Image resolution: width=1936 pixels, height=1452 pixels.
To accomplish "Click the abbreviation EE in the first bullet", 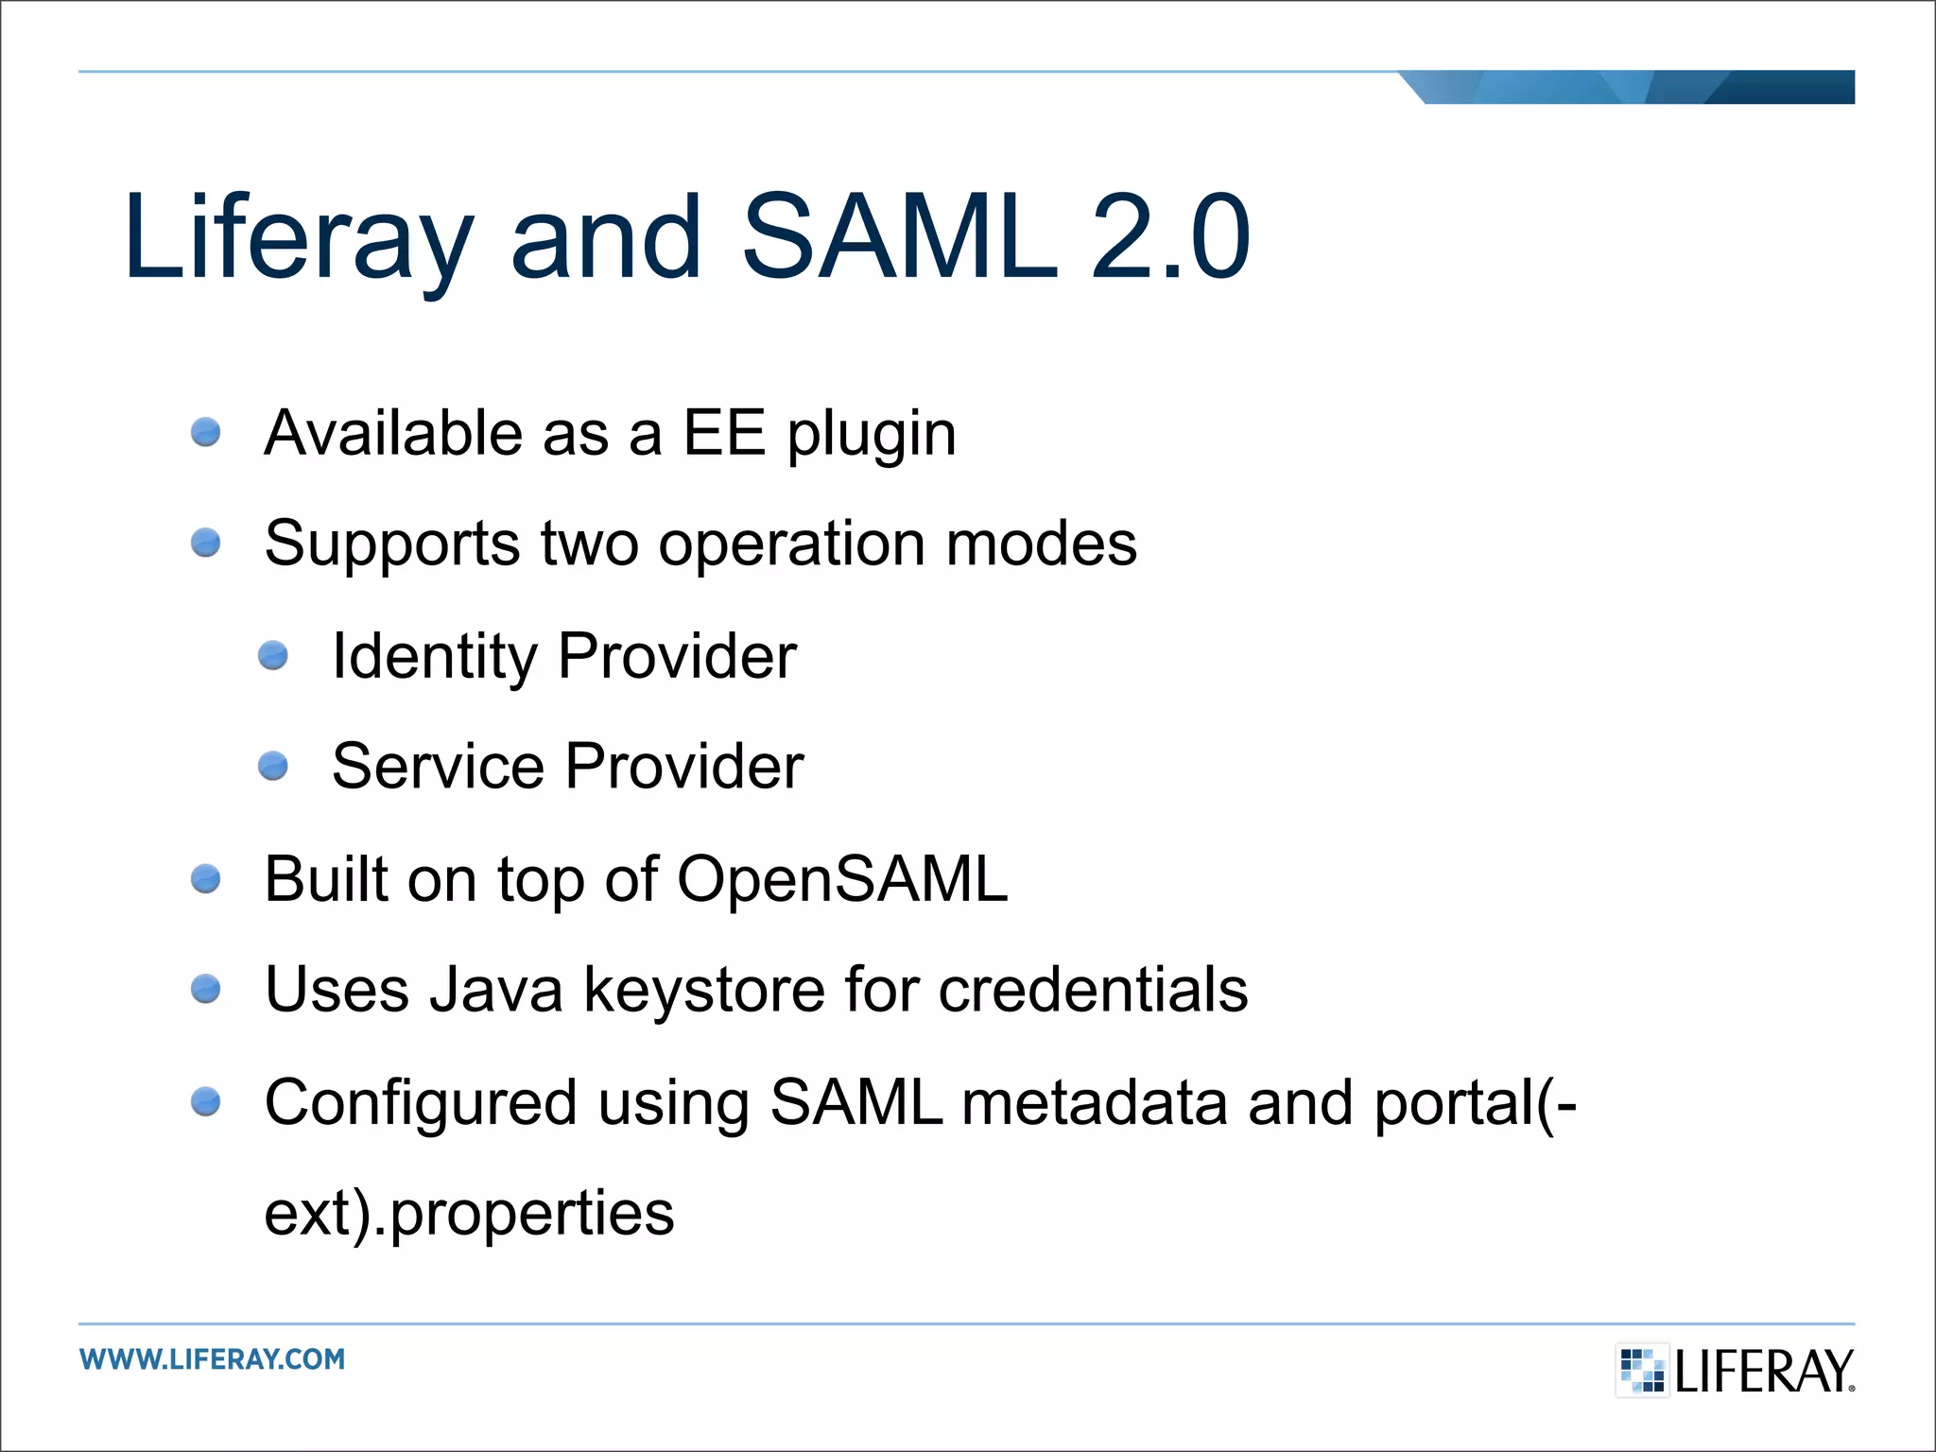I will (x=723, y=434).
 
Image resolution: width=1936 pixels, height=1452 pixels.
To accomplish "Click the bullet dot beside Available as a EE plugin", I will (x=205, y=433).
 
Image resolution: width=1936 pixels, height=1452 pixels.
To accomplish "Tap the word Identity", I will (x=434, y=657).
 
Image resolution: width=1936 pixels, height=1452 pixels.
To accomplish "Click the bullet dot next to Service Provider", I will (x=273, y=766).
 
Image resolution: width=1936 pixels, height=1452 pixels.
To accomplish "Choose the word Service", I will (x=438, y=766).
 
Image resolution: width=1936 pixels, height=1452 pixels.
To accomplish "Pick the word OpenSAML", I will (x=842, y=880).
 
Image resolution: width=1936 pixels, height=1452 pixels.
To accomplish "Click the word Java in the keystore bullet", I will (x=495, y=990).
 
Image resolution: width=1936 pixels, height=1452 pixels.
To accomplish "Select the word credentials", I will (x=1093, y=990).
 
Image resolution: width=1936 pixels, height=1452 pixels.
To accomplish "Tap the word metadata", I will (x=1094, y=1102).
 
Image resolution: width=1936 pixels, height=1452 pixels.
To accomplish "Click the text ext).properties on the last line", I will (x=469, y=1214).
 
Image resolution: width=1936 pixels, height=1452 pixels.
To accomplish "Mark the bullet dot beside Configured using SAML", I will (x=205, y=1102).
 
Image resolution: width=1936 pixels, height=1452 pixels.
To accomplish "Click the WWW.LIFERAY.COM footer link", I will (x=213, y=1359).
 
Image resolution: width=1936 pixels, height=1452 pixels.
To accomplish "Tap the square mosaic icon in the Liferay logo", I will (x=1642, y=1370).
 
